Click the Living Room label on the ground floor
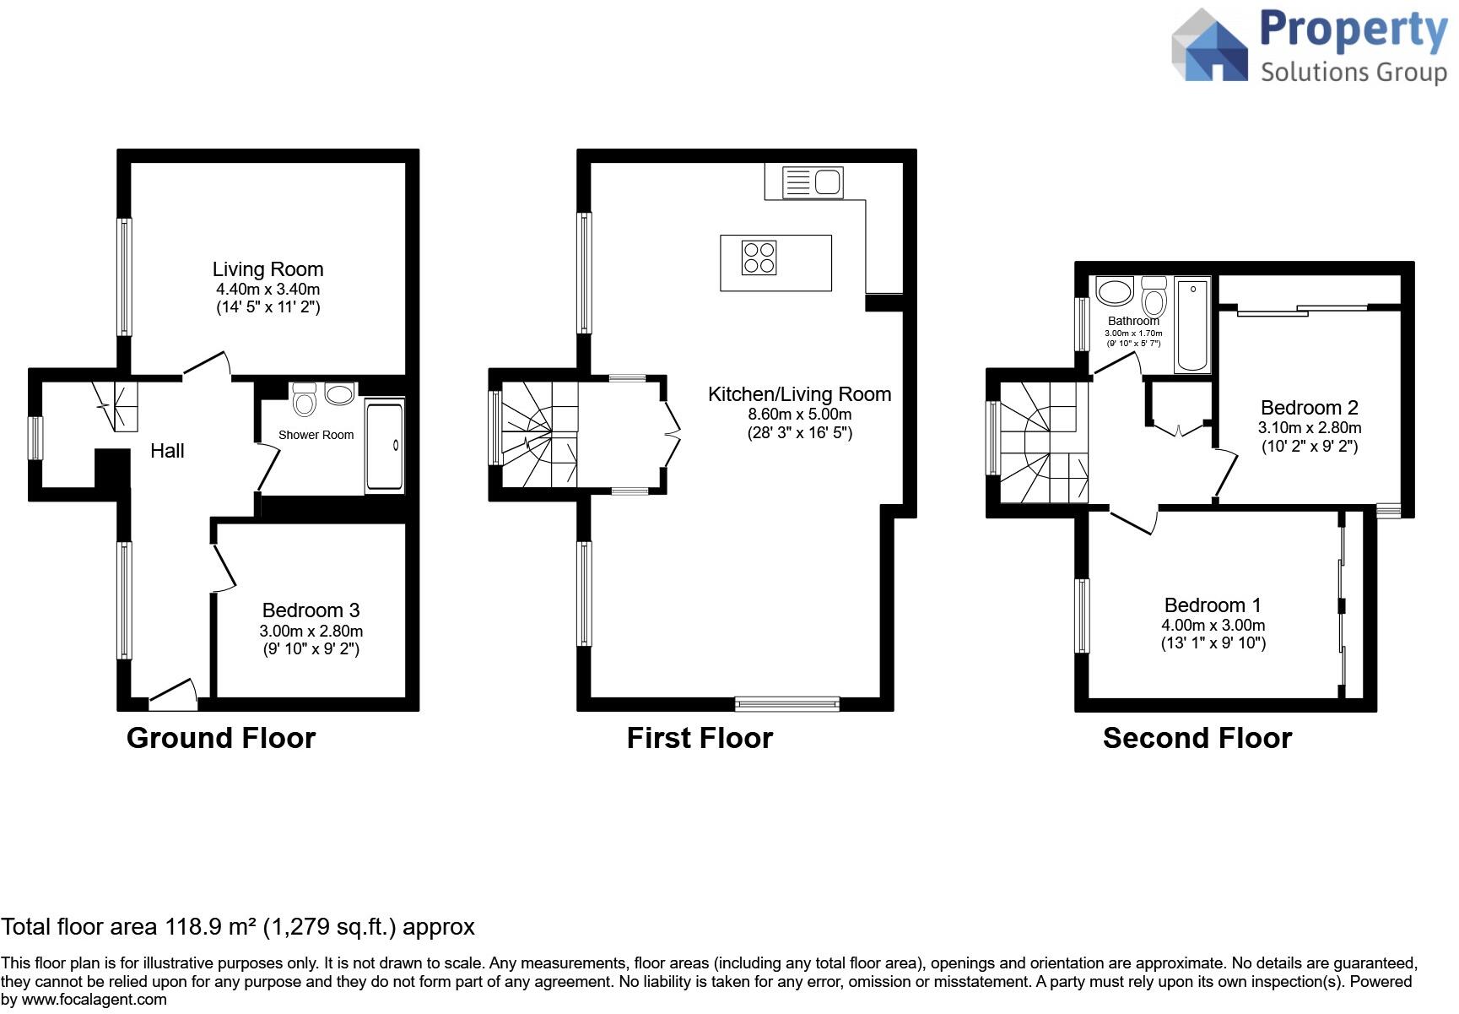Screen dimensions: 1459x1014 [267, 269]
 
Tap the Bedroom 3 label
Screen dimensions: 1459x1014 [311, 610]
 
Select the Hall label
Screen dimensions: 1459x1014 [167, 451]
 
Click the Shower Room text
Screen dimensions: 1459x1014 [316, 435]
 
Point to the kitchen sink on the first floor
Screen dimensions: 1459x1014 [813, 182]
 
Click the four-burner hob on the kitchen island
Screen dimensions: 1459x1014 [759, 258]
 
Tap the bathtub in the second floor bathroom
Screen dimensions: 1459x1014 [1192, 326]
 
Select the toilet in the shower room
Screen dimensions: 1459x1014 [304, 399]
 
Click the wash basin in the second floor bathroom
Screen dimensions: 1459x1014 [1114, 291]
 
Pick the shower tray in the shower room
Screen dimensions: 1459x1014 [385, 446]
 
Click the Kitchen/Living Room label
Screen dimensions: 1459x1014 [799, 394]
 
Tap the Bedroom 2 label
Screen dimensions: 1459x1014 [1310, 408]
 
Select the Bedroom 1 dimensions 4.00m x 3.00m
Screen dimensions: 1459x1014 [1213, 626]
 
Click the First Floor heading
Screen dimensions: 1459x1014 [700, 738]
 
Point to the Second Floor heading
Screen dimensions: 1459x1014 [1197, 738]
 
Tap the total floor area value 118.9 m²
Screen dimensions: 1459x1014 [211, 926]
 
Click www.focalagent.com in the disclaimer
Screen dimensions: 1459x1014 [94, 1000]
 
